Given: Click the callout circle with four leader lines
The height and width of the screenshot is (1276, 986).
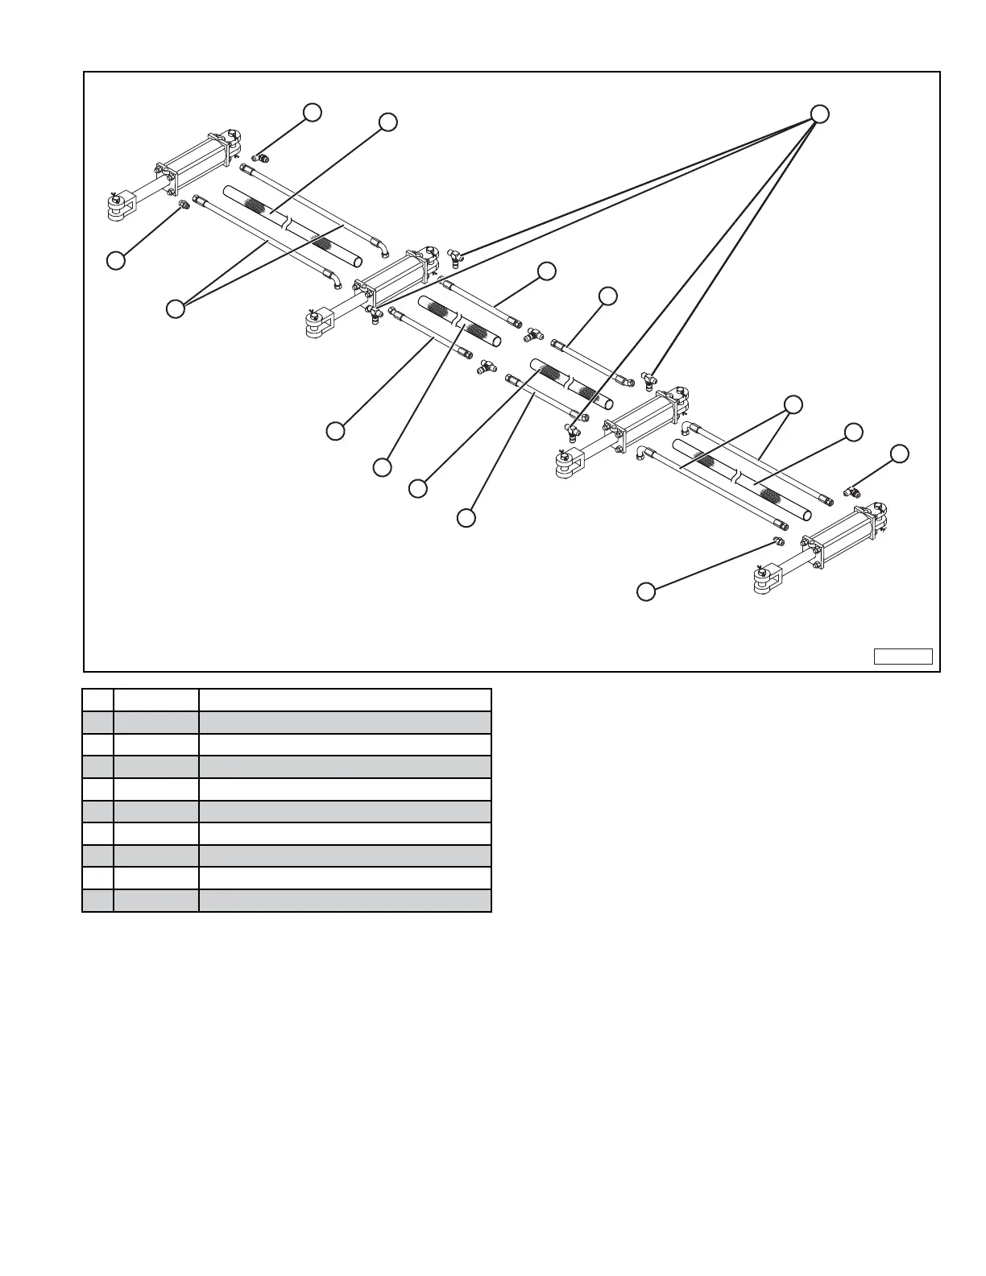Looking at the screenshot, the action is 819,114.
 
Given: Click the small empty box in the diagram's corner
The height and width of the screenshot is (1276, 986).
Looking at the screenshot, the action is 903,657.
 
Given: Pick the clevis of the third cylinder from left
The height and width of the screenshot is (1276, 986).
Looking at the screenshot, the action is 569,463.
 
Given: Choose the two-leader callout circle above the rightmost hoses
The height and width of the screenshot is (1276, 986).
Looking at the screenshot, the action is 794,404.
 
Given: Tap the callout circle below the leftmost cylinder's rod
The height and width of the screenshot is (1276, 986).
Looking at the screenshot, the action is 116,260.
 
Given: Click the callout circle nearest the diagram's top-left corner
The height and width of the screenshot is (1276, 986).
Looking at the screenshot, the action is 312,112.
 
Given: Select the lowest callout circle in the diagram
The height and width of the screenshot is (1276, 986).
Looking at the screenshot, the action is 645,591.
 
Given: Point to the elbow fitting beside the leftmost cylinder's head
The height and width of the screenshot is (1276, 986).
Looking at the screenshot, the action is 260,157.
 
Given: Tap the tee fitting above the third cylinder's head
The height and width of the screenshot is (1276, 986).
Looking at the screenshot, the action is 648,375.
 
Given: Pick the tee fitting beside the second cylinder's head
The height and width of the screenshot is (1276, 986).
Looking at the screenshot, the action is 454,257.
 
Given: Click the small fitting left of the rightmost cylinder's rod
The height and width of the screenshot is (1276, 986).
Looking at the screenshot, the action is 778,541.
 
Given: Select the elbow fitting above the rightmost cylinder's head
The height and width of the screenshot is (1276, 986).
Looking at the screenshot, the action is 851,491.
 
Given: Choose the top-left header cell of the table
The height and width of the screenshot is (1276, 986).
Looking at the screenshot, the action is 97,699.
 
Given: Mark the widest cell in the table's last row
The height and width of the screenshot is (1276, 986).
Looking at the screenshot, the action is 345,901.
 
